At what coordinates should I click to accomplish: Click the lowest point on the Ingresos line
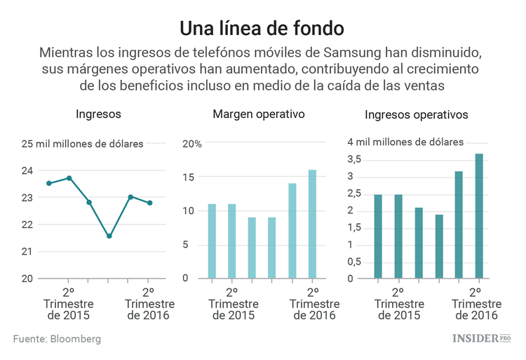click(109, 236)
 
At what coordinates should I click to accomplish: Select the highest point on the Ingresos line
click(69, 178)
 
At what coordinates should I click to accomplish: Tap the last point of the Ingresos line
click(150, 203)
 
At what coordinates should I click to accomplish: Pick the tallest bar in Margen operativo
click(312, 224)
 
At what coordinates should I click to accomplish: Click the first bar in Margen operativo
click(212, 241)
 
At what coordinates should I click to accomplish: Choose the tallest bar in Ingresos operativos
click(480, 216)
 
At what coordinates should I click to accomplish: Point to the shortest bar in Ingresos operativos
click(439, 246)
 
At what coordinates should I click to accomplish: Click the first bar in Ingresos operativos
click(378, 236)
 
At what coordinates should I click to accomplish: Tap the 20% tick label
click(193, 144)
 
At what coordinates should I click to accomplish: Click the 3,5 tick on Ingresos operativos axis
click(354, 159)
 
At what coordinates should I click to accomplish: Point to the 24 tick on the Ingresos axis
click(27, 171)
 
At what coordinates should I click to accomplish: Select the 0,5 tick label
click(354, 261)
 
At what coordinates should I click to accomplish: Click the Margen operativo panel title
click(259, 114)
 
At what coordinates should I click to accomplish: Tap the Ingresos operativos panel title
click(417, 115)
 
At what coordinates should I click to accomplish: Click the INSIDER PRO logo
click(480, 338)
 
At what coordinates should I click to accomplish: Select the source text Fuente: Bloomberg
click(57, 339)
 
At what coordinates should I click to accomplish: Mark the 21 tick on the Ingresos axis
click(27, 251)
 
